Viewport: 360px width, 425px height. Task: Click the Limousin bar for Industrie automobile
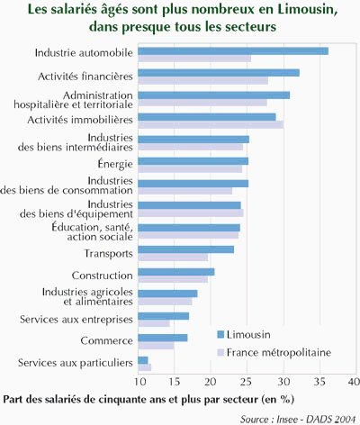click(233, 51)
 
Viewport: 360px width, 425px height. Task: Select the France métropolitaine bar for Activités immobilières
click(211, 124)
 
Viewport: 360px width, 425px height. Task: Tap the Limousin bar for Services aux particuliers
click(143, 360)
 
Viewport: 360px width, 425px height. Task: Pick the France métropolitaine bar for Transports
click(173, 258)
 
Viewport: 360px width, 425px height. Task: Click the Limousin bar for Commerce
click(163, 338)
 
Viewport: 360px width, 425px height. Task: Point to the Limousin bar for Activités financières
click(219, 73)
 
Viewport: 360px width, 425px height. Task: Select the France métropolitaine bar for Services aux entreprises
click(154, 323)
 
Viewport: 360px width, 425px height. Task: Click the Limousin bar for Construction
click(176, 272)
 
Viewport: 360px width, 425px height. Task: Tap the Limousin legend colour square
click(220, 334)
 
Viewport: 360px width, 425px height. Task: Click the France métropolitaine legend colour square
click(220, 352)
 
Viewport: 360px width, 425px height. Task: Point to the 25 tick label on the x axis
click(247, 382)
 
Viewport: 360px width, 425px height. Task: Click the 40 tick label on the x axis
click(354, 382)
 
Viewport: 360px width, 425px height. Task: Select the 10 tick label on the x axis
click(139, 382)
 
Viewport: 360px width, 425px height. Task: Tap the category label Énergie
click(115, 164)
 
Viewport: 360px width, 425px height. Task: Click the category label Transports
click(108, 254)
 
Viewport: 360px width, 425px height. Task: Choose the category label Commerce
click(106, 340)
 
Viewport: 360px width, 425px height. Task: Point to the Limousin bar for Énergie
click(193, 161)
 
